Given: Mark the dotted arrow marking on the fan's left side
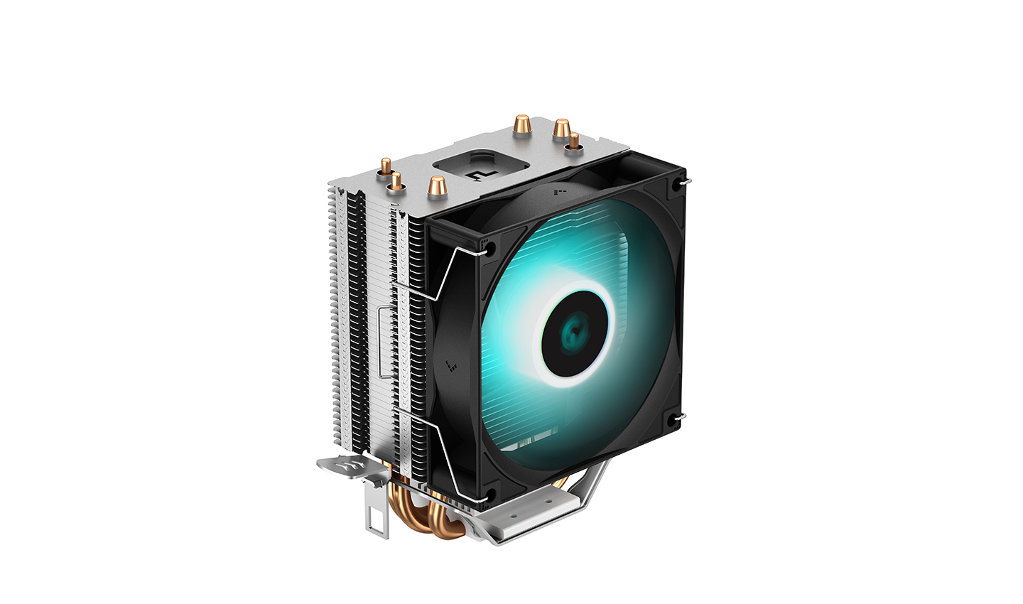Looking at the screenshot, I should coord(449,366).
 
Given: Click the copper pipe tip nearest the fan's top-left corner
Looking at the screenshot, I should coord(436,186).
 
